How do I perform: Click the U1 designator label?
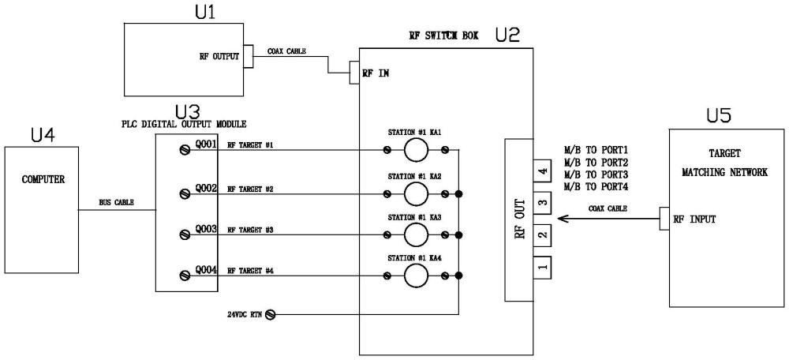tap(205, 12)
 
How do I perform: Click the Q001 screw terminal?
tap(185, 149)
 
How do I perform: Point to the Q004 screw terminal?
tap(185, 275)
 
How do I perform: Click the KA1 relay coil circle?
tap(416, 150)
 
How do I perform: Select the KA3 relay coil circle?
tap(416, 234)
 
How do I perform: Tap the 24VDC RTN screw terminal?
tap(270, 315)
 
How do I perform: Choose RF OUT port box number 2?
tap(543, 234)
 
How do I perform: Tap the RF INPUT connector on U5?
tap(664, 219)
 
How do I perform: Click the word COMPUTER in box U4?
tap(43, 179)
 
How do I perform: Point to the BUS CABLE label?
tap(116, 202)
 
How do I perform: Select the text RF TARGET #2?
tap(250, 189)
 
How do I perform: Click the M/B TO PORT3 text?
tap(597, 174)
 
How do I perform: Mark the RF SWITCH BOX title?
tap(444, 36)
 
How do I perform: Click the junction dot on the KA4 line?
tap(458, 276)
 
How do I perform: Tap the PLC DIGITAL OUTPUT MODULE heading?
tap(184, 124)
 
